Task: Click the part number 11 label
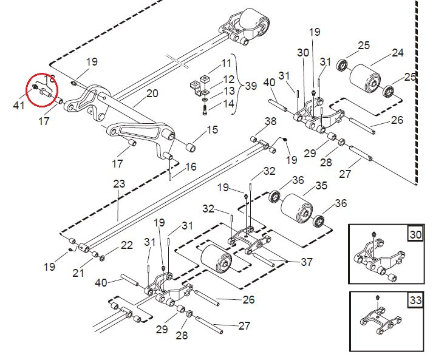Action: click(226, 63)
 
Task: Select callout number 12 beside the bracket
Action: click(228, 80)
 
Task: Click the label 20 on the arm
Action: click(152, 93)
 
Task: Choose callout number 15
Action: click(212, 129)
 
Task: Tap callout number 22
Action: click(126, 245)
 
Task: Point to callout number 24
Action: click(397, 53)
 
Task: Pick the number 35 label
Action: click(320, 185)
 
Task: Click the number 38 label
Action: click(270, 122)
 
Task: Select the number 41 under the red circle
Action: click(19, 106)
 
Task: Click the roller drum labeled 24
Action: click(367, 78)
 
